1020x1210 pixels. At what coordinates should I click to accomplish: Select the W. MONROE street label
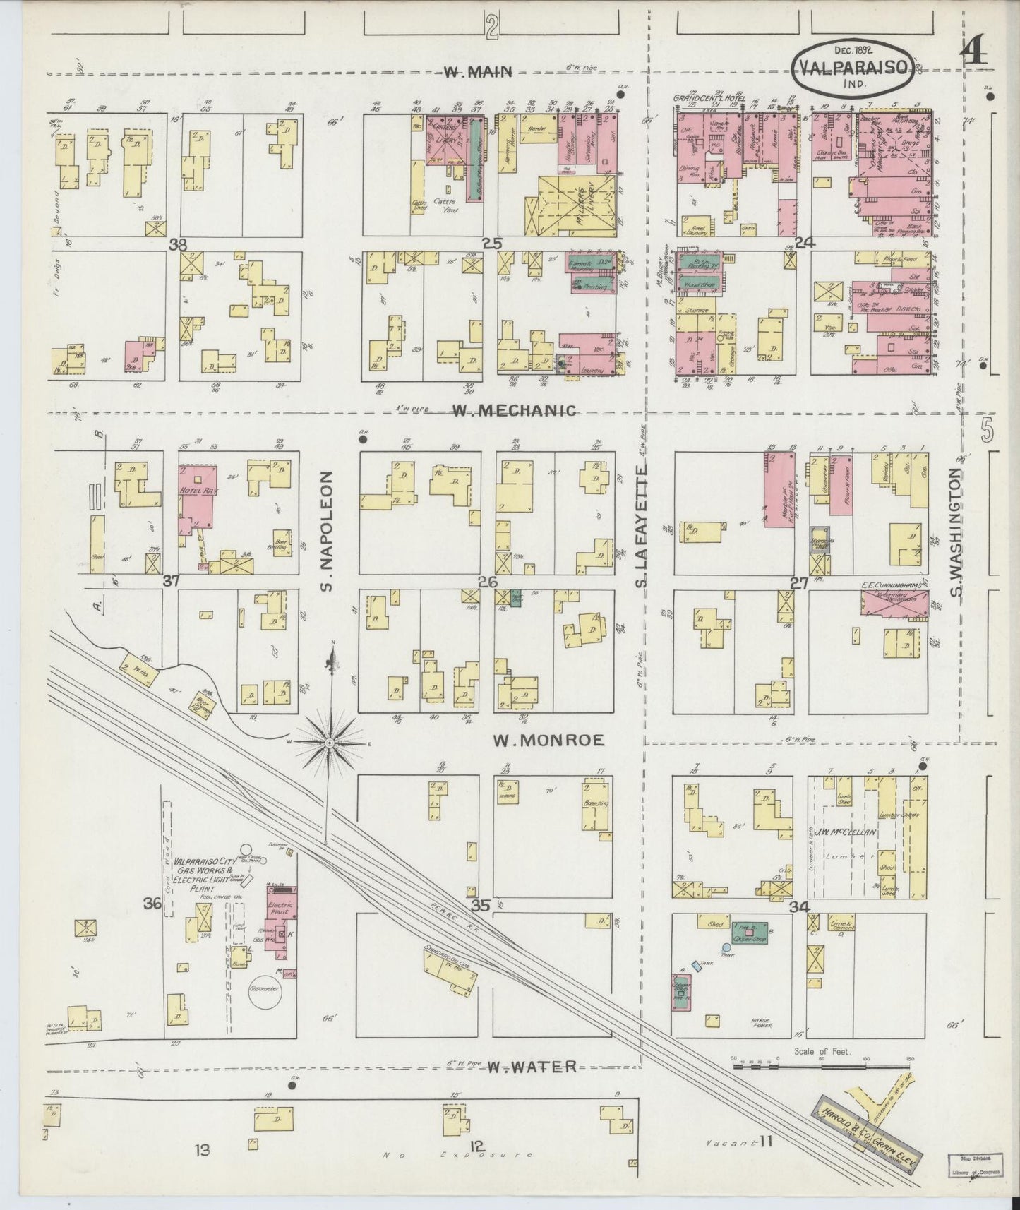click(548, 740)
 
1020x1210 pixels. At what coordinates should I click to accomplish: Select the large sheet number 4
click(975, 57)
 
